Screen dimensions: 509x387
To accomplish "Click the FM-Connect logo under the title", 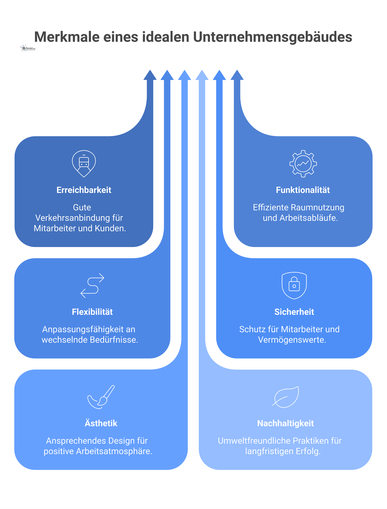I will click(x=28, y=48).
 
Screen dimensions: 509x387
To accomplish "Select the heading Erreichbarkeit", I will click(x=84, y=190).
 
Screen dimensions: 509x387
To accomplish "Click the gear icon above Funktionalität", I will click(x=303, y=164).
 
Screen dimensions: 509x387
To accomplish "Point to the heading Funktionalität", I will click(x=303, y=190).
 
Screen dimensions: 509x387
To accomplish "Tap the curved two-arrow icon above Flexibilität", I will click(x=92, y=286).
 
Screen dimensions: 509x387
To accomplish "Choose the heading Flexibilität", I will click(x=92, y=312).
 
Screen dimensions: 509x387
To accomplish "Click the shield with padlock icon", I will click(x=294, y=286).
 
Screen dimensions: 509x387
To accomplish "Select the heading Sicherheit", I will click(x=294, y=312).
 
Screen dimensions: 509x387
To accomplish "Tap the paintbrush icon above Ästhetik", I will click(x=101, y=397).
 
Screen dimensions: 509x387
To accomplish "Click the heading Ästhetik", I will click(x=101, y=423).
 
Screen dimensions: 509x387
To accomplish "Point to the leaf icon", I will click(x=286, y=397).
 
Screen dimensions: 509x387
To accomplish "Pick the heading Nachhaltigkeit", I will click(x=285, y=423).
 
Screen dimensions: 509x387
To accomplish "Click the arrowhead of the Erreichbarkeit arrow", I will click(x=150, y=75).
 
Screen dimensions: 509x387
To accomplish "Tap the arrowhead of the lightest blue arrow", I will click(x=202, y=75).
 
